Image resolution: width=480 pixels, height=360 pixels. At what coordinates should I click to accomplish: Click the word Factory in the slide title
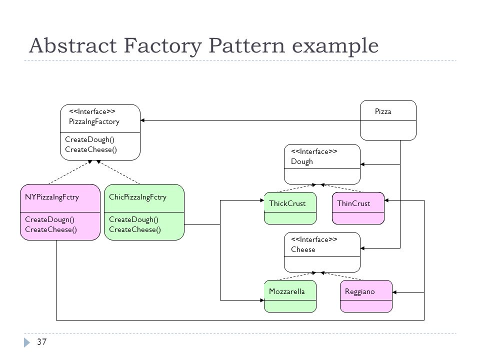point(163,46)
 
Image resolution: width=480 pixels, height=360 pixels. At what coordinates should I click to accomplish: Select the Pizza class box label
point(383,111)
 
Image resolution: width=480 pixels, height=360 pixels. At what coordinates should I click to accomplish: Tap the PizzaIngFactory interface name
point(94,122)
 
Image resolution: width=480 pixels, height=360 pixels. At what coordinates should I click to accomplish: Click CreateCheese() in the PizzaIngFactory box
point(91,149)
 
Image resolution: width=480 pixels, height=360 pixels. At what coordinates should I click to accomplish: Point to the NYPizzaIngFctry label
point(51,197)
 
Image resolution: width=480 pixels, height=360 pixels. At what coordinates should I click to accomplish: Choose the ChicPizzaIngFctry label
point(138,197)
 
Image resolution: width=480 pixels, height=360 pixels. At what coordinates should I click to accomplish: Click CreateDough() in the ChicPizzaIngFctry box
point(134,220)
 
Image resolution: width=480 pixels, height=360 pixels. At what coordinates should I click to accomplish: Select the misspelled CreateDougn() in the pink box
point(49,220)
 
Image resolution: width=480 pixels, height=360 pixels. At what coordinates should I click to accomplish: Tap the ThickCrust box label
point(287,203)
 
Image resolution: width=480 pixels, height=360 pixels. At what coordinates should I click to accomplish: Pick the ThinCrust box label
point(353,203)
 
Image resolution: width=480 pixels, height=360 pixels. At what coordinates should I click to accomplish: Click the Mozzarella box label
point(287,291)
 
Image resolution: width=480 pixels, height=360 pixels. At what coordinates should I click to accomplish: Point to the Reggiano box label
point(359,291)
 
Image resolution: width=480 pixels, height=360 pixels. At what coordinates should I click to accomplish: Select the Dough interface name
point(302,161)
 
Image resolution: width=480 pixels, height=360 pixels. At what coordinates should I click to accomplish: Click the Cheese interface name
point(303,249)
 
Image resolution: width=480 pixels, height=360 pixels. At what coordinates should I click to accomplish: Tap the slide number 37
point(41,341)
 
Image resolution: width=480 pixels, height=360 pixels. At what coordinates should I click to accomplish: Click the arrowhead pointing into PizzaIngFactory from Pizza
point(142,120)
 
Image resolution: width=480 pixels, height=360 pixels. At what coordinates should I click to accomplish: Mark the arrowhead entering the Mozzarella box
point(262,300)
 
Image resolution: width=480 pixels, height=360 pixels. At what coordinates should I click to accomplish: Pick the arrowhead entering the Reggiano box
point(394,292)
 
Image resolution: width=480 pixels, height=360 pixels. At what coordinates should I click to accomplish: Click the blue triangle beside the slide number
point(27,342)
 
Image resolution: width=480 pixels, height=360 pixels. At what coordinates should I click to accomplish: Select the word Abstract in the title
point(73,46)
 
